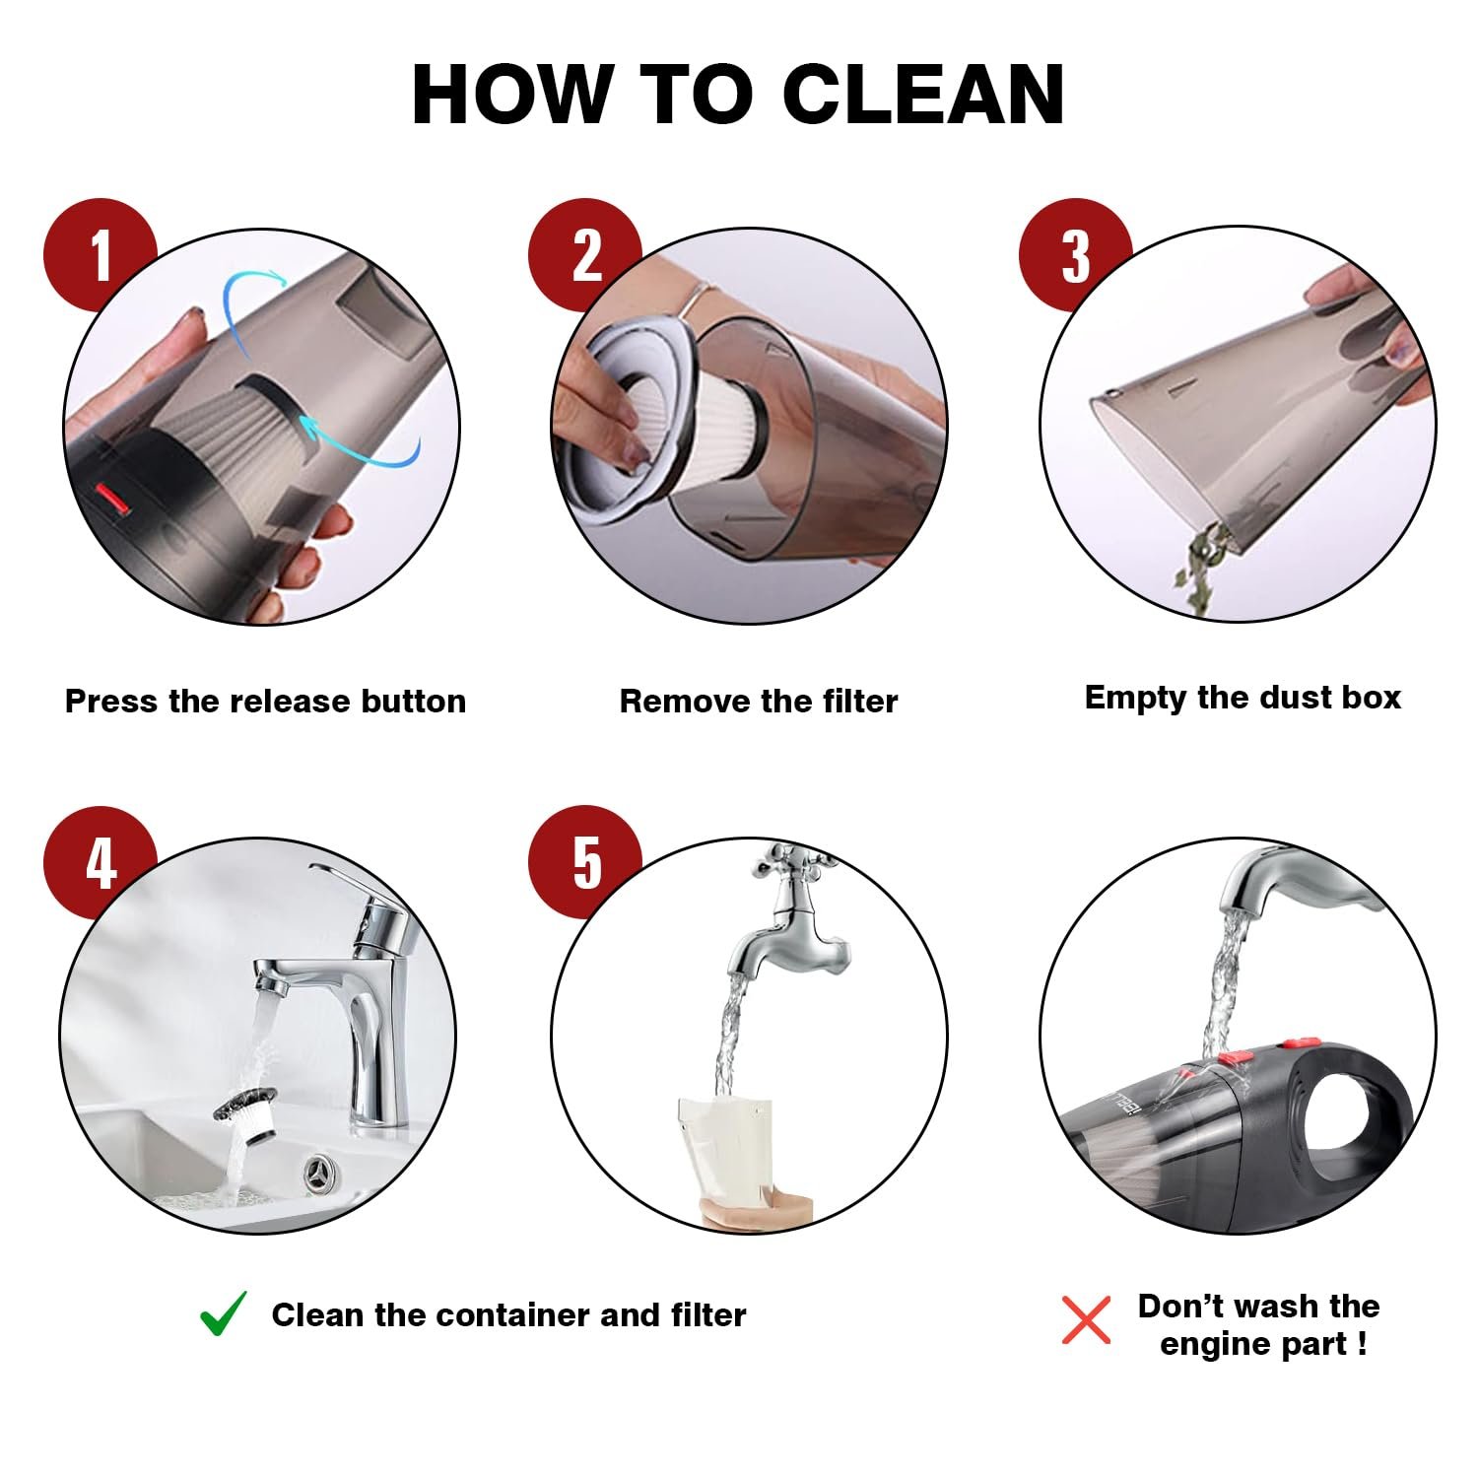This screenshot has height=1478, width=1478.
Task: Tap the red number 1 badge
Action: pos(101,255)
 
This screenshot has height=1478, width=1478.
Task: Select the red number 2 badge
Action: pos(585,255)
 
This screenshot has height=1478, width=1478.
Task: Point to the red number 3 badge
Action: pos(1075,255)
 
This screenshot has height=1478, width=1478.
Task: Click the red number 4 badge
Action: pos(101,863)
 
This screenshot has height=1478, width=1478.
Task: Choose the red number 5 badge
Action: pos(585,863)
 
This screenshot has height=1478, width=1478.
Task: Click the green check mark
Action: pos(224,1313)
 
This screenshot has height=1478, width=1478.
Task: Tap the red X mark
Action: pos(1086,1320)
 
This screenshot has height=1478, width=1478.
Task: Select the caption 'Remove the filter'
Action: pos(759,702)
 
